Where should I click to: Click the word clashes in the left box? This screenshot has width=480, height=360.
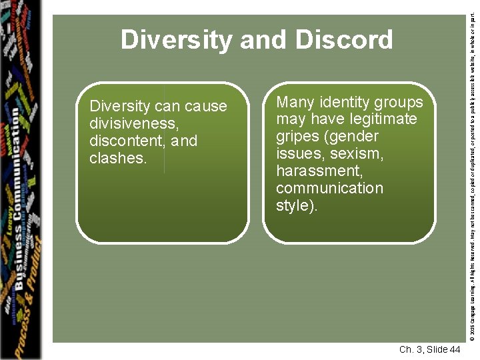117,158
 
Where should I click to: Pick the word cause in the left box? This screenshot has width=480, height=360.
206,106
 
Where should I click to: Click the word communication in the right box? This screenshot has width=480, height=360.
329,189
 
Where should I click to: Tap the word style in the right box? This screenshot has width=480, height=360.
294,205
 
